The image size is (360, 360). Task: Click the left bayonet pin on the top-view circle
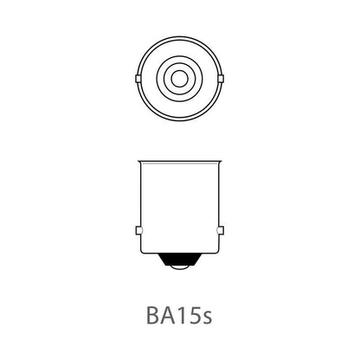click(138, 80)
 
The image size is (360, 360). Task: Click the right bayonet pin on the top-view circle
click(222, 80)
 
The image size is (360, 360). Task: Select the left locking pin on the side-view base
click(138, 230)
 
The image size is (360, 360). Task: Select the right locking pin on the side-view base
click(222, 230)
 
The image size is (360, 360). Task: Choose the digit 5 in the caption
click(190, 312)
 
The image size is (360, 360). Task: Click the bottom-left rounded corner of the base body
click(145, 254)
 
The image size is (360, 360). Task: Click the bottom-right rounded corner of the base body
click(215, 254)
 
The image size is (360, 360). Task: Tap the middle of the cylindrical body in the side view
click(180, 208)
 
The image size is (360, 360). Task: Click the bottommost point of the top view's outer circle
click(180, 121)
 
